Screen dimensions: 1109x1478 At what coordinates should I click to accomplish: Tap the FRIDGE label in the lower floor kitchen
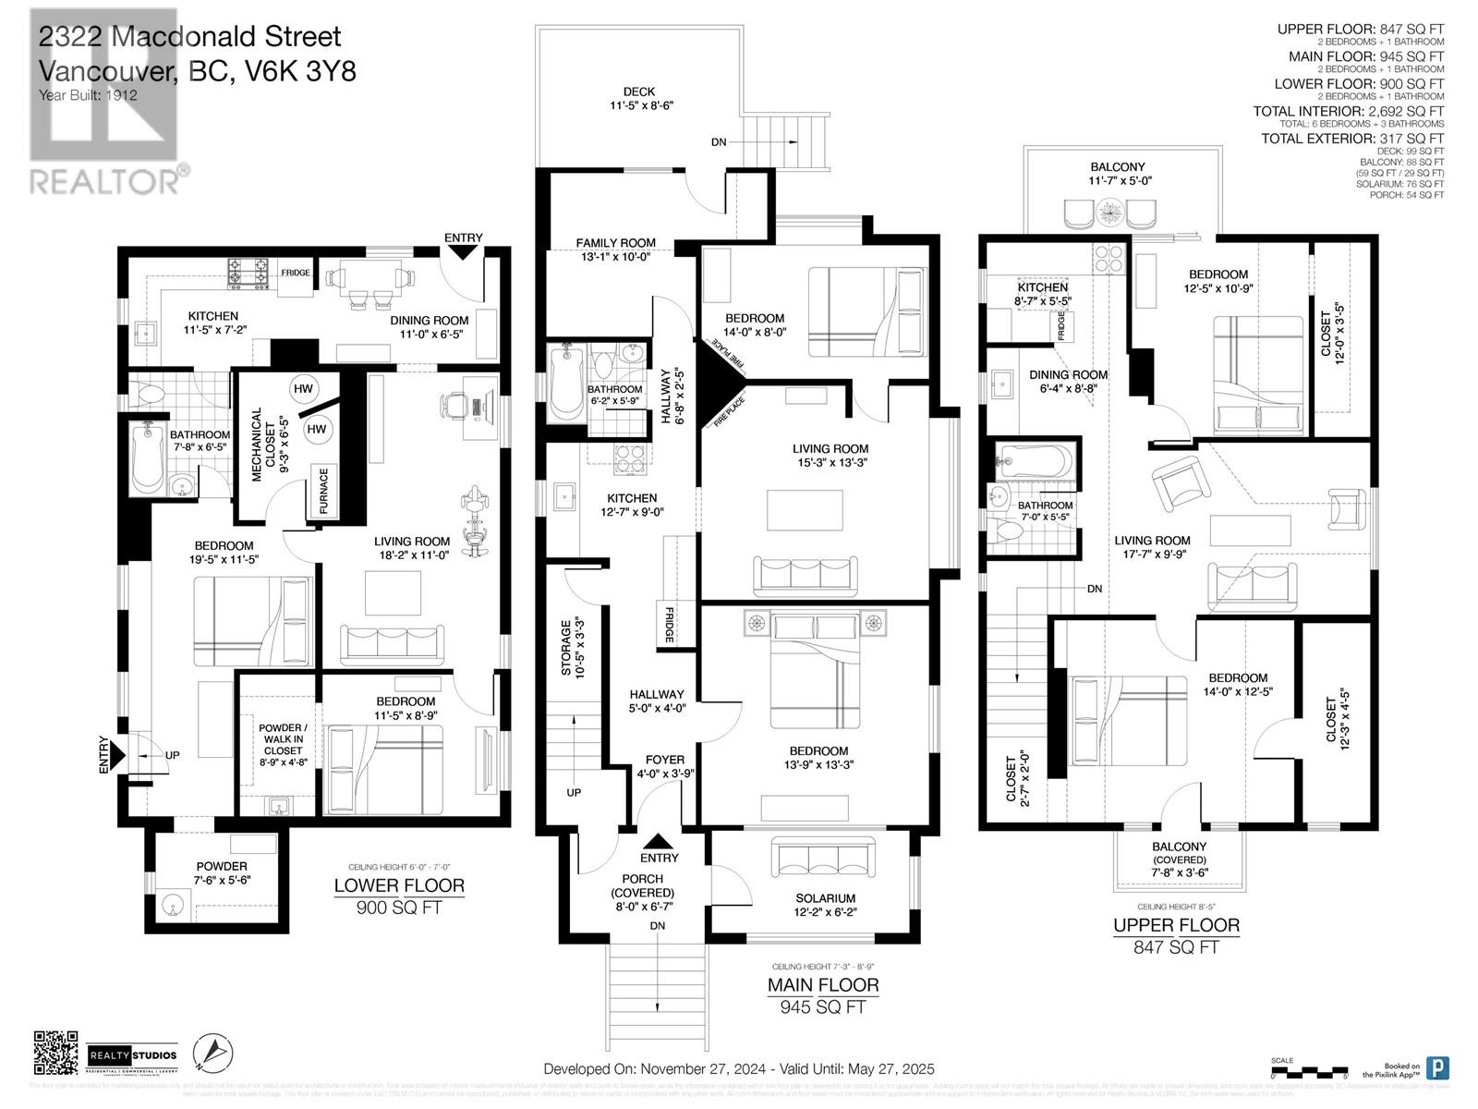(x=297, y=274)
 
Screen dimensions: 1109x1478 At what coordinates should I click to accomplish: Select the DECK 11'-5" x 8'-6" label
(x=639, y=99)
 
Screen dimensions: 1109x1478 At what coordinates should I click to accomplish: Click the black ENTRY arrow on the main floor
(x=658, y=842)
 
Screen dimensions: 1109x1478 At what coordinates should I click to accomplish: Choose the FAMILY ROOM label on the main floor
(x=615, y=250)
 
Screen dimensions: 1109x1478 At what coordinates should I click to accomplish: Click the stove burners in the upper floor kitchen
(x=1108, y=258)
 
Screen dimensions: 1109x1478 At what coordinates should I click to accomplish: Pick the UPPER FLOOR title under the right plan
(x=1176, y=925)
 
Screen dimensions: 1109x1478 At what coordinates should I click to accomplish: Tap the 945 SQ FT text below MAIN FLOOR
(x=822, y=1006)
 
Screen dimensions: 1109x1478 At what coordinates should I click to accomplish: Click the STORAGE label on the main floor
(x=573, y=650)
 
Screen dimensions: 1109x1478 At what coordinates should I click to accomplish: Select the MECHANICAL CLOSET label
(x=263, y=445)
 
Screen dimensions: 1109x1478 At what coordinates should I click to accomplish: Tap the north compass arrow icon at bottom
(x=213, y=1053)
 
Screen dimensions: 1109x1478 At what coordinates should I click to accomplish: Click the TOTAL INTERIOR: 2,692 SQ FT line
(x=1348, y=111)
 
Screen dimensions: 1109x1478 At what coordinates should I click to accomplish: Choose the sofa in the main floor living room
(x=805, y=576)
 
